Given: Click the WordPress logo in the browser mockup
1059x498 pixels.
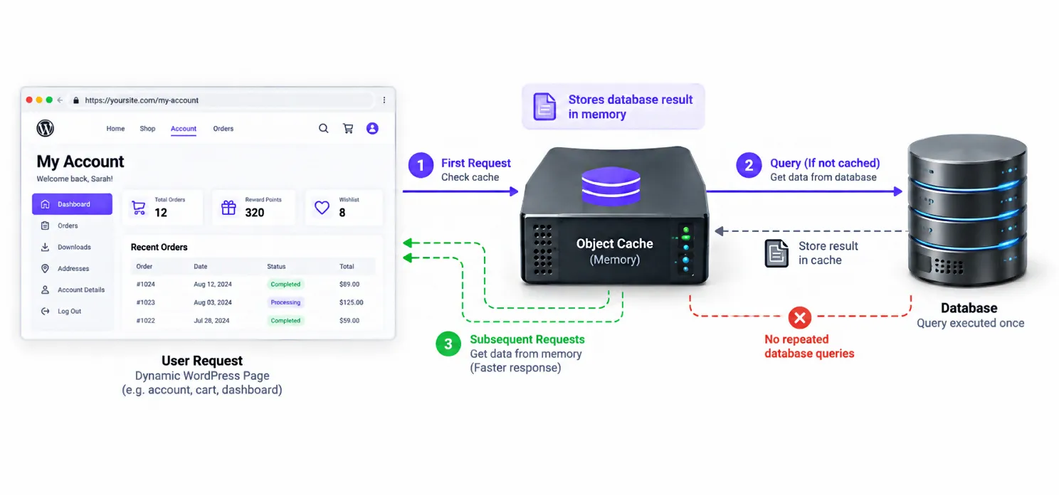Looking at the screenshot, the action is (46, 128).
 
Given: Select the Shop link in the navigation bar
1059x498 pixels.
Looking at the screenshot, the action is (147, 129).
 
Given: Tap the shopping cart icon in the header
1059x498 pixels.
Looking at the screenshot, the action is (348, 129).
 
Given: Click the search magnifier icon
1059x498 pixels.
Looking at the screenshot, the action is (323, 128).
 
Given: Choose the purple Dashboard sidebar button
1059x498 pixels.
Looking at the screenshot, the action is (73, 204).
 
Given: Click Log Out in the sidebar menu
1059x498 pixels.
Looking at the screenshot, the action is (70, 312).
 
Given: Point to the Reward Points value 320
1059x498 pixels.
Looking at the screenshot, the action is (254, 213).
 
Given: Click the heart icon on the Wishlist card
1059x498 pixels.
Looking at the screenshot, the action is (322, 208).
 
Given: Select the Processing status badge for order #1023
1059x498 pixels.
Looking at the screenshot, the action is (285, 302).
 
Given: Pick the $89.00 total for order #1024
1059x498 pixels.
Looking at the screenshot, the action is (349, 285).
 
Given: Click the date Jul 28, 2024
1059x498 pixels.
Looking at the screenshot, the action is (211, 321).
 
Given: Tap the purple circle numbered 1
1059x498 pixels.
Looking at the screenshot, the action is (421, 165).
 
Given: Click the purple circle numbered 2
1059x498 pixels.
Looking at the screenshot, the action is (749, 165).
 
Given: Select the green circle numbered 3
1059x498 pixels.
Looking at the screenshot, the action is (448, 344).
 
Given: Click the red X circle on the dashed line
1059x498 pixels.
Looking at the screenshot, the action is (800, 317).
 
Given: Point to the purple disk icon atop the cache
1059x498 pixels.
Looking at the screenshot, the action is (611, 186).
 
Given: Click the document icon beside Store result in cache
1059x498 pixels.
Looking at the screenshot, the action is (776, 254).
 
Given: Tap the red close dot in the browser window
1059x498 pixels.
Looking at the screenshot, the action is (29, 100).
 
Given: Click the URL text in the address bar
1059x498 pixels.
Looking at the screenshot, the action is (142, 100).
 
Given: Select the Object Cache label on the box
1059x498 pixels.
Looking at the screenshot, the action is (615, 244).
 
